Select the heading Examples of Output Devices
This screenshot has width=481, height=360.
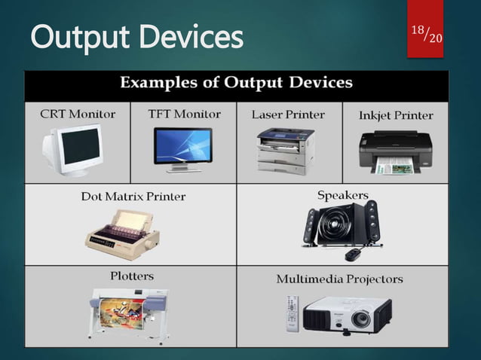[237, 83]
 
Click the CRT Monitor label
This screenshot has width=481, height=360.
[78, 114]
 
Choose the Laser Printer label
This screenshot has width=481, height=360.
[288, 114]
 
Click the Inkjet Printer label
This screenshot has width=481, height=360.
[397, 115]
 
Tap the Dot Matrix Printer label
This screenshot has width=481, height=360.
[133, 197]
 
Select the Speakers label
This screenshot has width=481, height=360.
[342, 195]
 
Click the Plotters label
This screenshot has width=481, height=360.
[133, 276]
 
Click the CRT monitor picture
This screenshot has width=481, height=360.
[74, 150]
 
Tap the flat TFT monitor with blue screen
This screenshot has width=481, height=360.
[183, 147]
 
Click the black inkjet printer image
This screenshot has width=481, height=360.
[394, 151]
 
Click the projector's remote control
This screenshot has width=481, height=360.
[293, 313]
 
